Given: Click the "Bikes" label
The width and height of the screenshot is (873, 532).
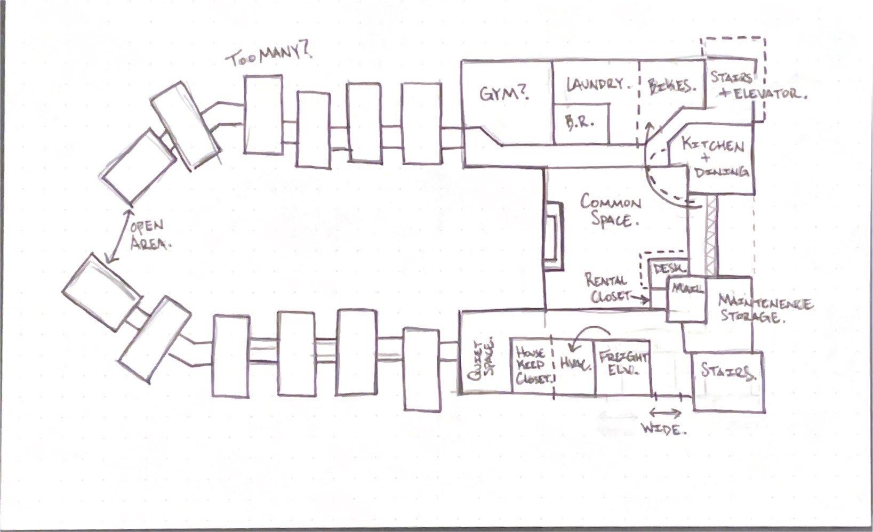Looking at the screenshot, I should pyautogui.click(x=672, y=86).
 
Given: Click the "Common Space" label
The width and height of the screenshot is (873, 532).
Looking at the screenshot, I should pyautogui.click(x=611, y=211).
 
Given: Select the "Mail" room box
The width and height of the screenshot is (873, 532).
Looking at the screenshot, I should pyautogui.click(x=686, y=299).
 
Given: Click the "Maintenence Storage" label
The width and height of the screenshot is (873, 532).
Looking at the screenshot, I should pyautogui.click(x=764, y=309).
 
